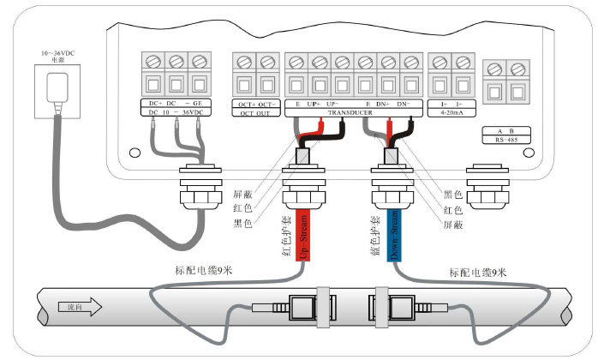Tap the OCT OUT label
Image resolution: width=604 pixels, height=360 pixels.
tap(256, 112)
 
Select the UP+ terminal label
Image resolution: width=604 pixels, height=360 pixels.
tap(314, 104)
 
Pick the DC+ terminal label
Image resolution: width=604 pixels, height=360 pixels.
tap(154, 104)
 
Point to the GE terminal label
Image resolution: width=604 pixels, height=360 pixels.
tap(199, 104)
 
